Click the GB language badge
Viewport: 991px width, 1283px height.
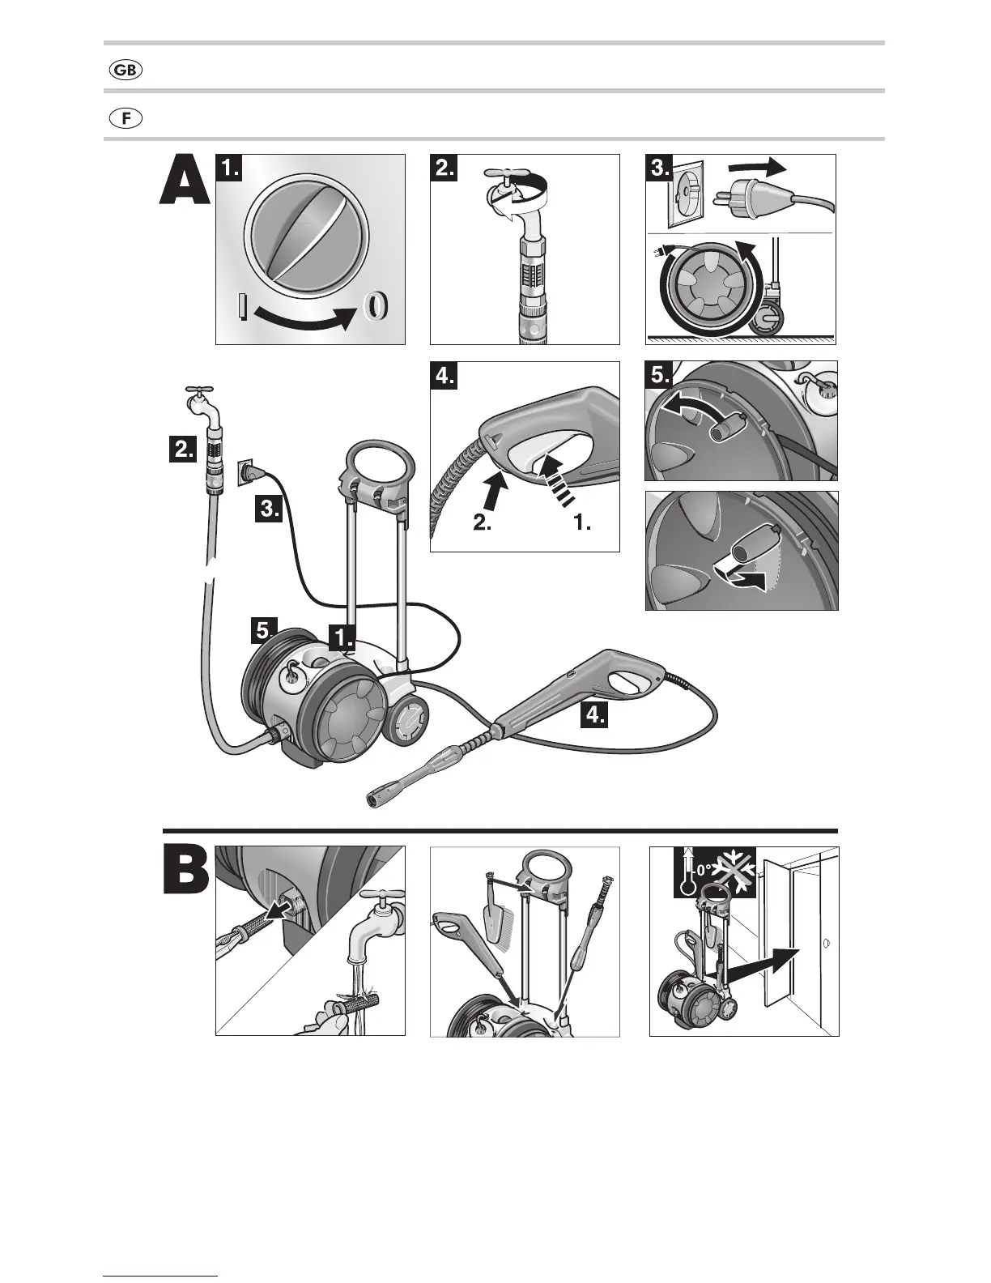point(125,70)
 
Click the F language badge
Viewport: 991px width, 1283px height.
point(125,118)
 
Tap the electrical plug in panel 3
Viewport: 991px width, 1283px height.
point(737,199)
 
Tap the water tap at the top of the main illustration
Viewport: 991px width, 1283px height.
point(199,400)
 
